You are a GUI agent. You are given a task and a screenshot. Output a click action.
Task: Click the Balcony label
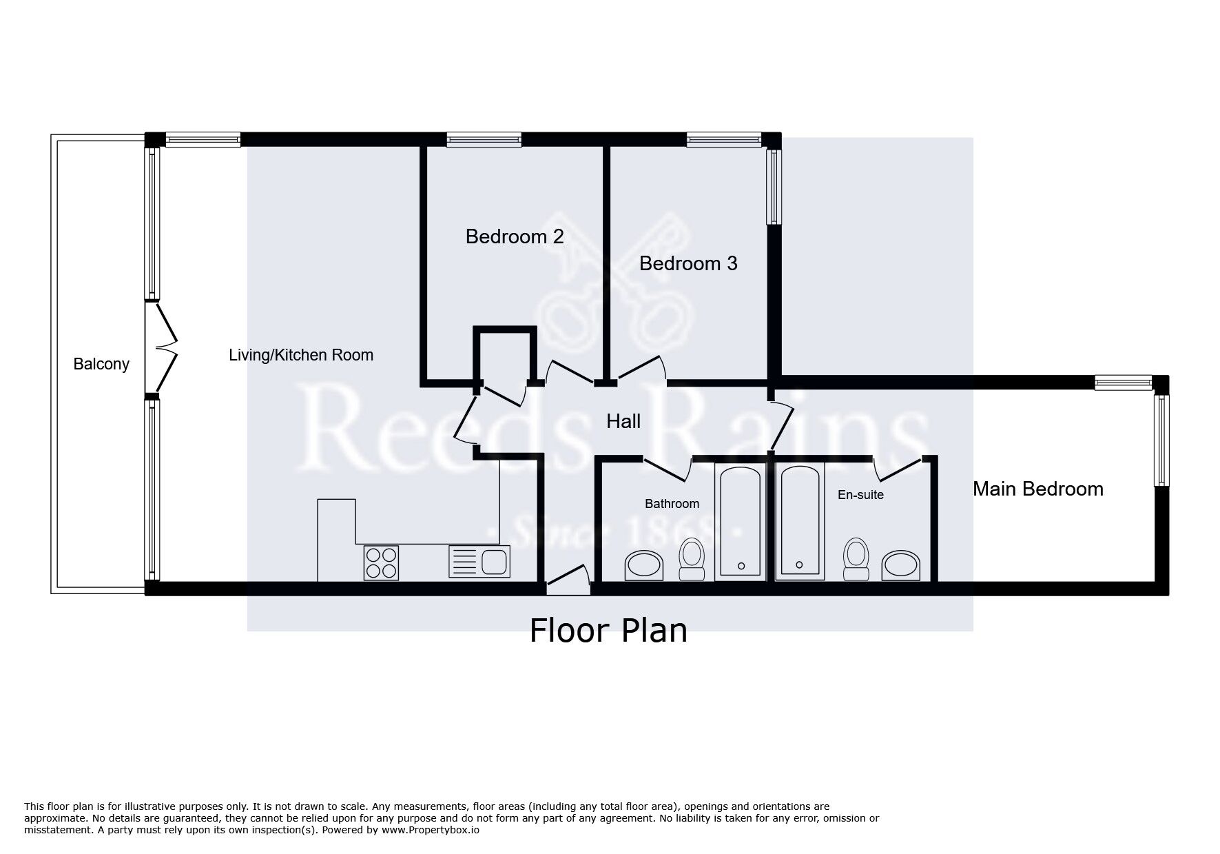pos(101,364)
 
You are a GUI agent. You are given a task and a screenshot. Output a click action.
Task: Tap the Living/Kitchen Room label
pos(301,355)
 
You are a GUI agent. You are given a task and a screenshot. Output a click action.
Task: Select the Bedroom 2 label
pos(515,236)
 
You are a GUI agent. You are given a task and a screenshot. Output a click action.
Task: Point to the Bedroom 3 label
pos(688,263)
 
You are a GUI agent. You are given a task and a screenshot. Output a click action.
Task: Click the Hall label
pos(623,421)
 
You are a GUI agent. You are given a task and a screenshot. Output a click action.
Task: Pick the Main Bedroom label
pos(1038,489)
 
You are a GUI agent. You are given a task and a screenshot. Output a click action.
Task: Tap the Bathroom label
pos(672,504)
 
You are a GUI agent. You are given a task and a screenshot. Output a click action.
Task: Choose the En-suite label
pos(860,495)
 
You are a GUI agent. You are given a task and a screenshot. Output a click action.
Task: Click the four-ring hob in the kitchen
pos(381,562)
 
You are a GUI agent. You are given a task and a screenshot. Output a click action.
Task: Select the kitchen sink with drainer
pos(479,561)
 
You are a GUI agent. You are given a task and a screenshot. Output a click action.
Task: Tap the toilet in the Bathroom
pos(691,559)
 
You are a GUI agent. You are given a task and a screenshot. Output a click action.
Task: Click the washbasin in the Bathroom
pos(644,565)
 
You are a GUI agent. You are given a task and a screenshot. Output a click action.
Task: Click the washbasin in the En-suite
pos(901,565)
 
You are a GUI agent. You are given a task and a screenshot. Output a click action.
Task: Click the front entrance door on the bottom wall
pos(568,580)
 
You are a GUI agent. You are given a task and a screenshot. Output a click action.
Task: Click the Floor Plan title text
pos(608,630)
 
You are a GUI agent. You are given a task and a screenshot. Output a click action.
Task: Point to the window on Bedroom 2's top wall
pos(484,140)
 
